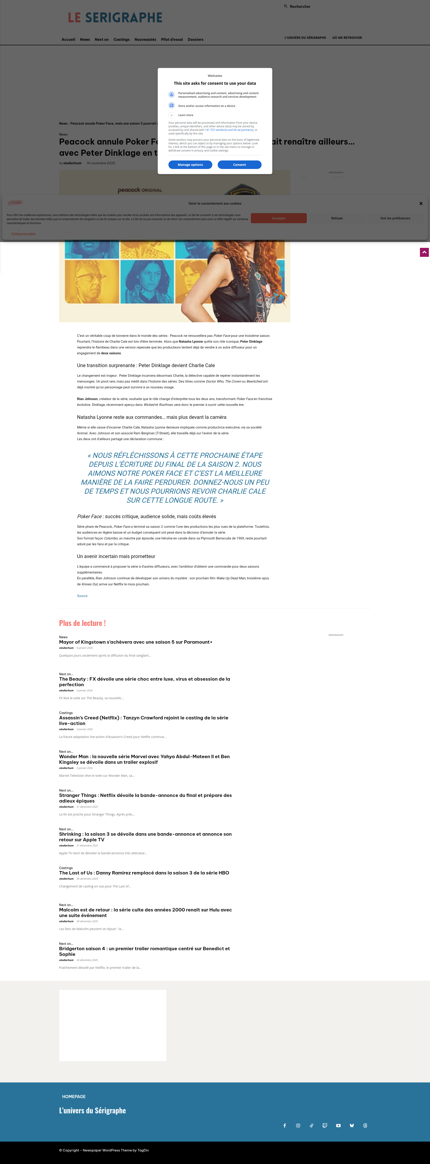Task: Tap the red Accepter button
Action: point(279,218)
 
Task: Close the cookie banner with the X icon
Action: point(421,203)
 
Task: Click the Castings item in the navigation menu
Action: point(122,39)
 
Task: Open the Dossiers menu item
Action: point(196,39)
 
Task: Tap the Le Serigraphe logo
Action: point(115,18)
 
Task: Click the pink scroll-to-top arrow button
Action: point(424,252)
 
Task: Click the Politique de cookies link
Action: point(24,234)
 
